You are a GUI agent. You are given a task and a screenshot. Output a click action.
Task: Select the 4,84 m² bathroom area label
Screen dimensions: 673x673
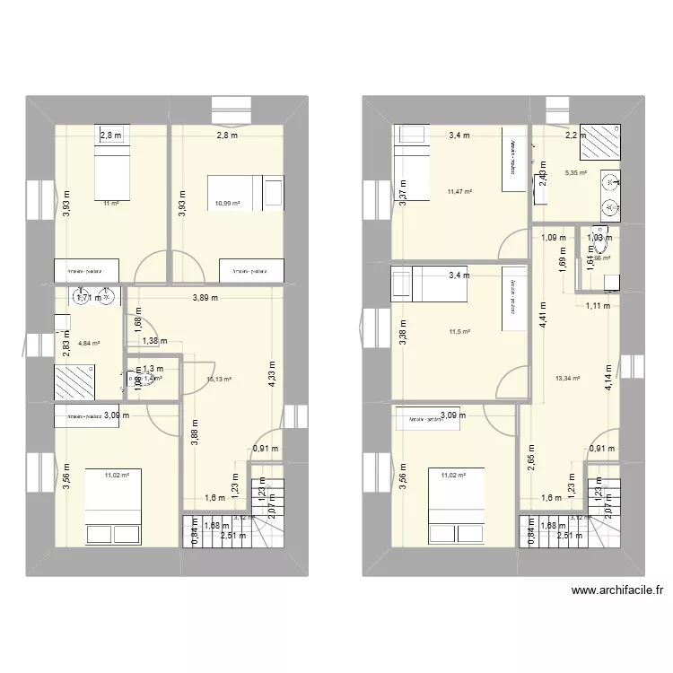pos(88,343)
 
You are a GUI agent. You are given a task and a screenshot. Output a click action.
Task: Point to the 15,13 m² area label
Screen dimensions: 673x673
pos(220,380)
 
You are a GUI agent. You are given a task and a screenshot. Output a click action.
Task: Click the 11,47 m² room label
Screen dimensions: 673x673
pos(459,191)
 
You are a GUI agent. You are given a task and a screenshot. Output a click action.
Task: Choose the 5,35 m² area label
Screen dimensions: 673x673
pos(575,173)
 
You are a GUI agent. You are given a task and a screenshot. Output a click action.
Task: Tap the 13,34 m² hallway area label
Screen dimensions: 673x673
pos(569,379)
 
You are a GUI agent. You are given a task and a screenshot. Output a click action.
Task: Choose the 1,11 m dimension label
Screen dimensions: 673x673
pos(598,306)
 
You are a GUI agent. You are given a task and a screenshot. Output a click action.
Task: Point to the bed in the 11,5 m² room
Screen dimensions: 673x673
pos(412,285)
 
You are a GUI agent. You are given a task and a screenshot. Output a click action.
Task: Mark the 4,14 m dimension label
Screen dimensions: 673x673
pos(607,381)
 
